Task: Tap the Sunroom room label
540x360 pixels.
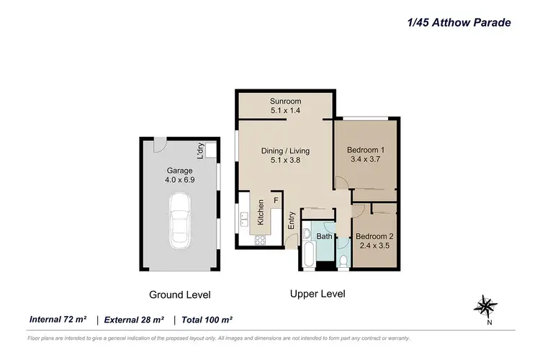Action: (285, 101)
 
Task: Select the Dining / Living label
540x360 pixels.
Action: (285, 150)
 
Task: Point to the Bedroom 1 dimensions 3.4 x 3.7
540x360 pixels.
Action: (366, 161)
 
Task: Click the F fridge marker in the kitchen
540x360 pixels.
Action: (274, 202)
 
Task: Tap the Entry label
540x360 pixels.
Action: (292, 220)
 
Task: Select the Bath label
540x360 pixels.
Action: (324, 236)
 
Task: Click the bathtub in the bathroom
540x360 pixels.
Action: (308, 252)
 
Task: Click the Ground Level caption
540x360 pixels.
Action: (179, 294)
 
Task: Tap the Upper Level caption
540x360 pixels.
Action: (318, 294)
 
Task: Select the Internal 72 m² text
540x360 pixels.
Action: (58, 320)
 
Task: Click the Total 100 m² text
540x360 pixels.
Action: (206, 320)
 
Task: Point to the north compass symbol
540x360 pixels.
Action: (485, 306)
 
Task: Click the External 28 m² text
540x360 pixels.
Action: (134, 320)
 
